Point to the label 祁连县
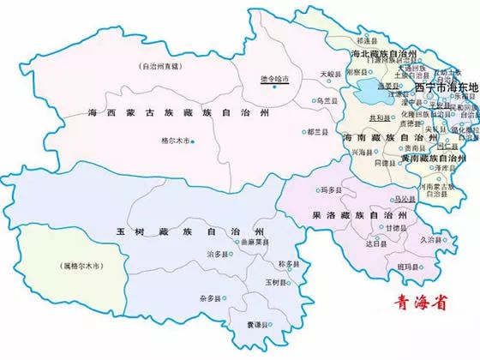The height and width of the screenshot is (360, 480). [366, 39]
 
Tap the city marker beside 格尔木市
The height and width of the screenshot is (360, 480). [194, 141]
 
